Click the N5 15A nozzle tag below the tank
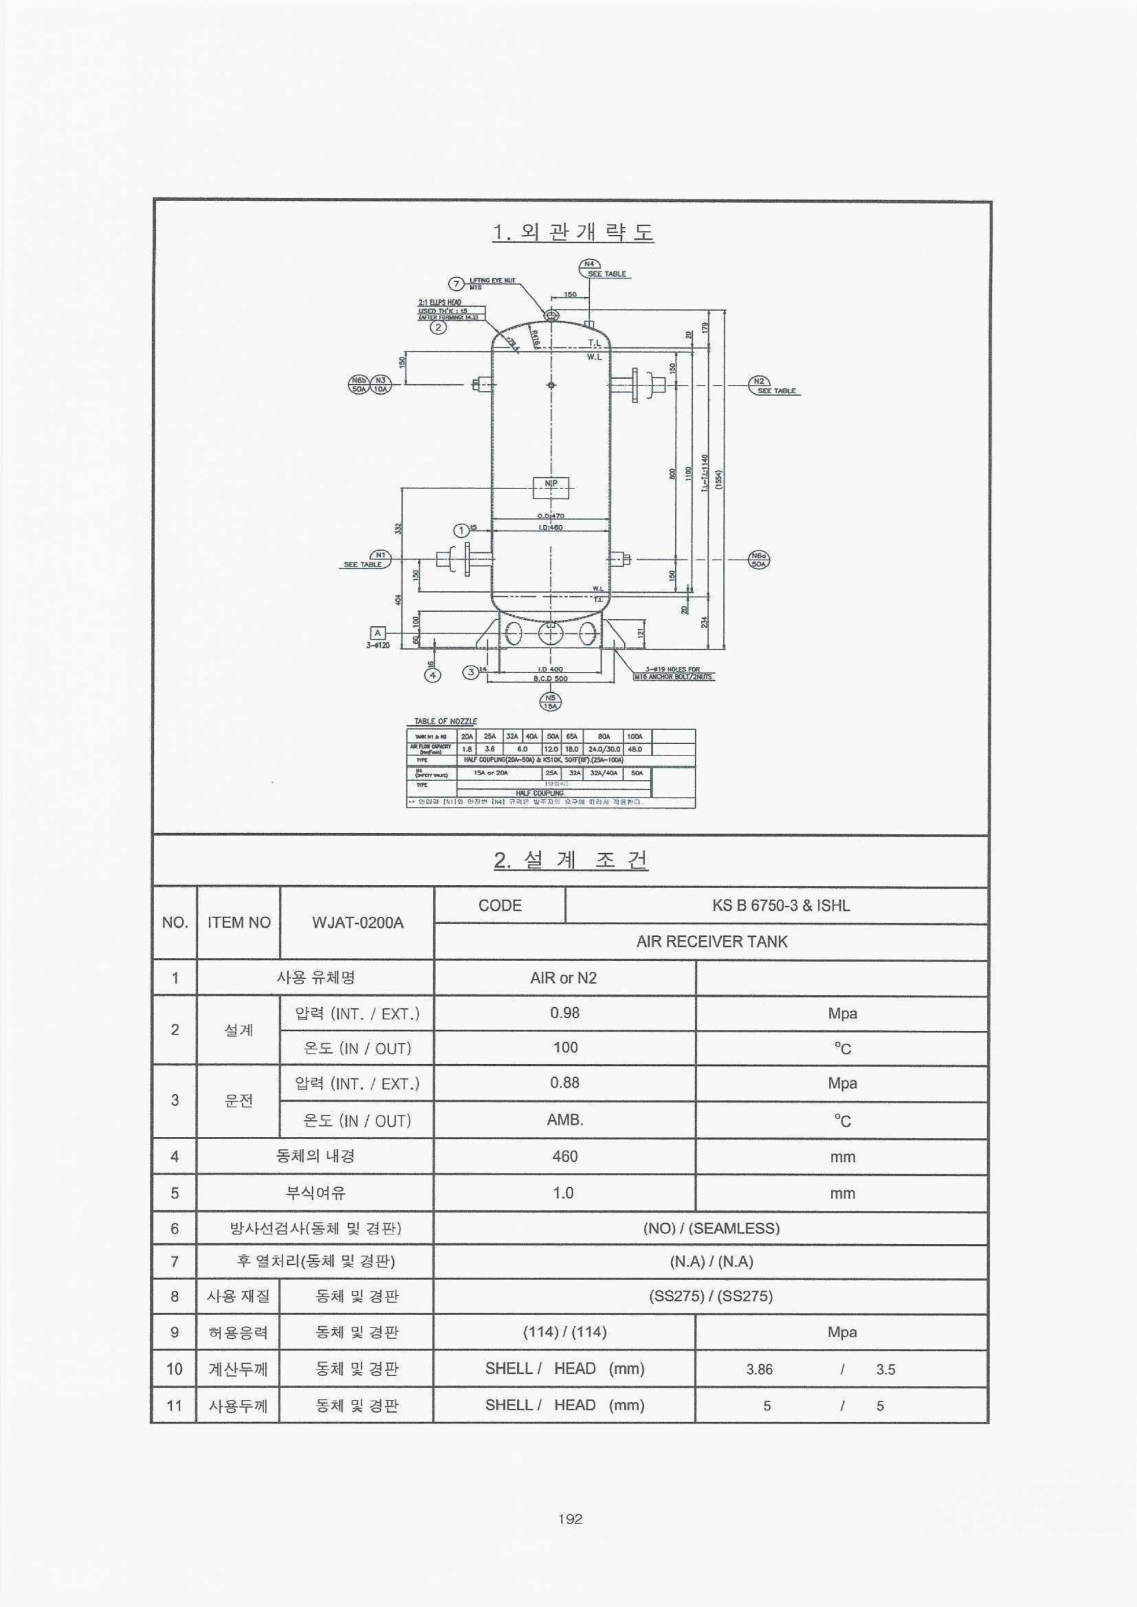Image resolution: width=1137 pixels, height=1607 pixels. click(x=550, y=701)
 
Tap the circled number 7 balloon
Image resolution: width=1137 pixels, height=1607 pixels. click(x=457, y=284)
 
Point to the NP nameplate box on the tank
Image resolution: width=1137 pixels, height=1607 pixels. click(x=551, y=487)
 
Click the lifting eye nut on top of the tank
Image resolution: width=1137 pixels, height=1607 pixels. click(x=551, y=315)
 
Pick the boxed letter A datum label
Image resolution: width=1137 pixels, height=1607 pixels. click(x=378, y=633)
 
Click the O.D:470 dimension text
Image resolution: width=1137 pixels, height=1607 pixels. click(x=550, y=516)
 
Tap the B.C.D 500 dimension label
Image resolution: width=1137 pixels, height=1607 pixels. click(x=550, y=678)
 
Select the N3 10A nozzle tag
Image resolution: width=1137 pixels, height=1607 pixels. click(x=380, y=384)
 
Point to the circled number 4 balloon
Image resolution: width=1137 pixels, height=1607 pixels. click(x=434, y=675)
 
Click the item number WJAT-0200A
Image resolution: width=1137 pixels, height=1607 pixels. click(x=357, y=923)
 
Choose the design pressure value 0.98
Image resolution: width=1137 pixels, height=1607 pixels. click(x=564, y=1013)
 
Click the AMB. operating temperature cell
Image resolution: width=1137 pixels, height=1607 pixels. click(x=564, y=1120)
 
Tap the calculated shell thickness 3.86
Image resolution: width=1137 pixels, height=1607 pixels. click(x=759, y=1369)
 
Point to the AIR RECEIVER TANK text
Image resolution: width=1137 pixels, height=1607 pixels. click(x=711, y=941)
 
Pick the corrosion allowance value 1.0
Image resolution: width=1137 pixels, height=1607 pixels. click(x=563, y=1193)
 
